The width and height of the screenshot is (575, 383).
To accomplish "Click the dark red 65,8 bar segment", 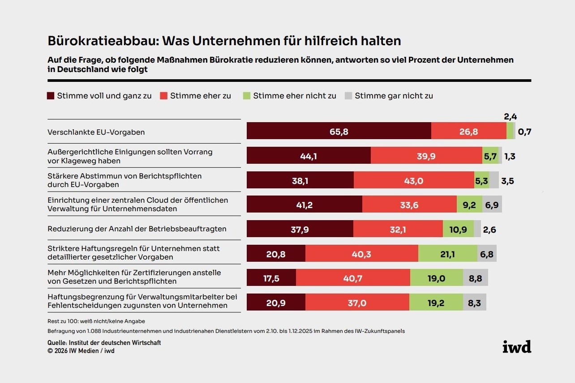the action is click(339, 131).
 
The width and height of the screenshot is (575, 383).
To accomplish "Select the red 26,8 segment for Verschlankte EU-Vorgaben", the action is click(469, 131).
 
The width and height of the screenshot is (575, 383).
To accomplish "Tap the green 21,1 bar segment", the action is click(448, 253).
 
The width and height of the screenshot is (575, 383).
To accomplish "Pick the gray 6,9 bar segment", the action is click(492, 204).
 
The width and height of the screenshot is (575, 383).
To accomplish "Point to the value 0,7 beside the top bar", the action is click(524, 132).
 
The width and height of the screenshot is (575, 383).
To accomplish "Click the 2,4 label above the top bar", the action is click(511, 116).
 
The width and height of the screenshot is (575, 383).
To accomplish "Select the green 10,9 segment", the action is click(458, 229).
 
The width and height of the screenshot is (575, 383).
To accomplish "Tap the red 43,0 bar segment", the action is click(414, 180).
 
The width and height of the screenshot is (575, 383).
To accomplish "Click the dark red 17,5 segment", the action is click(271, 277).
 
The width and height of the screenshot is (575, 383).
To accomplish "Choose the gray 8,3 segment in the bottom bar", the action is click(475, 302).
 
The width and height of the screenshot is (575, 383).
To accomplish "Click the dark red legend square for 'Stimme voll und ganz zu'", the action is click(51, 96).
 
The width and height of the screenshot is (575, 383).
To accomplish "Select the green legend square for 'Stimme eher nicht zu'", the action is click(246, 96).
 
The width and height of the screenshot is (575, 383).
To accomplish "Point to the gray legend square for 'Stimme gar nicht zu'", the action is click(348, 96).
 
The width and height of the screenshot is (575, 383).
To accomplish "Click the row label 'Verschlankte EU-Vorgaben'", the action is click(96, 132).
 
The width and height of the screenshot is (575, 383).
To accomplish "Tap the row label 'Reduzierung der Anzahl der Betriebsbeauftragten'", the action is click(137, 229).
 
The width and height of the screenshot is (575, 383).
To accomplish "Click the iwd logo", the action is click(517, 347).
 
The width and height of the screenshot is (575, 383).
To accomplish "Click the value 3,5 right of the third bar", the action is click(507, 181).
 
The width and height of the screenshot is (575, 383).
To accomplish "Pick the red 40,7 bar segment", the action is click(353, 277).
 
